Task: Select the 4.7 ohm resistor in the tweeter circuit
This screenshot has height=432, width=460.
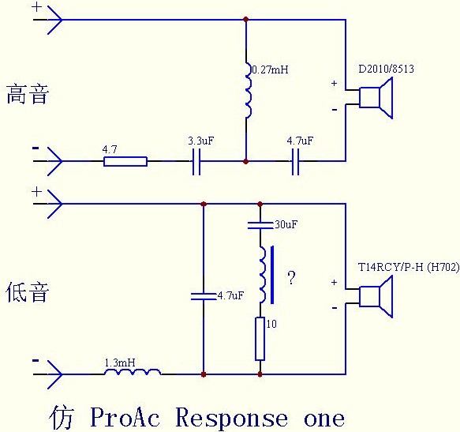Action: (x=125, y=161)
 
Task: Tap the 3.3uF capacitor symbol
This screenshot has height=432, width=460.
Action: (x=199, y=161)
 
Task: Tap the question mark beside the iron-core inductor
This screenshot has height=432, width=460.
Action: (x=292, y=278)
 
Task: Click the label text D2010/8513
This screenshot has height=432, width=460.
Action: (x=385, y=69)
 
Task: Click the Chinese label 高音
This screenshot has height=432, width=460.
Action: (x=28, y=95)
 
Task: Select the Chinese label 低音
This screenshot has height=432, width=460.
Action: (x=28, y=292)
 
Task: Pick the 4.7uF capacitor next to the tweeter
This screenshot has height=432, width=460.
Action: (x=296, y=161)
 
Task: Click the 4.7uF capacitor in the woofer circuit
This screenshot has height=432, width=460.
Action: (x=204, y=296)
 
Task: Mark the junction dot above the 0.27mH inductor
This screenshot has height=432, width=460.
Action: (x=246, y=19)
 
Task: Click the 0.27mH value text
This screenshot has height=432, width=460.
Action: (x=270, y=69)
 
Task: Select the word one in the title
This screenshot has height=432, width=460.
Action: (x=323, y=417)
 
